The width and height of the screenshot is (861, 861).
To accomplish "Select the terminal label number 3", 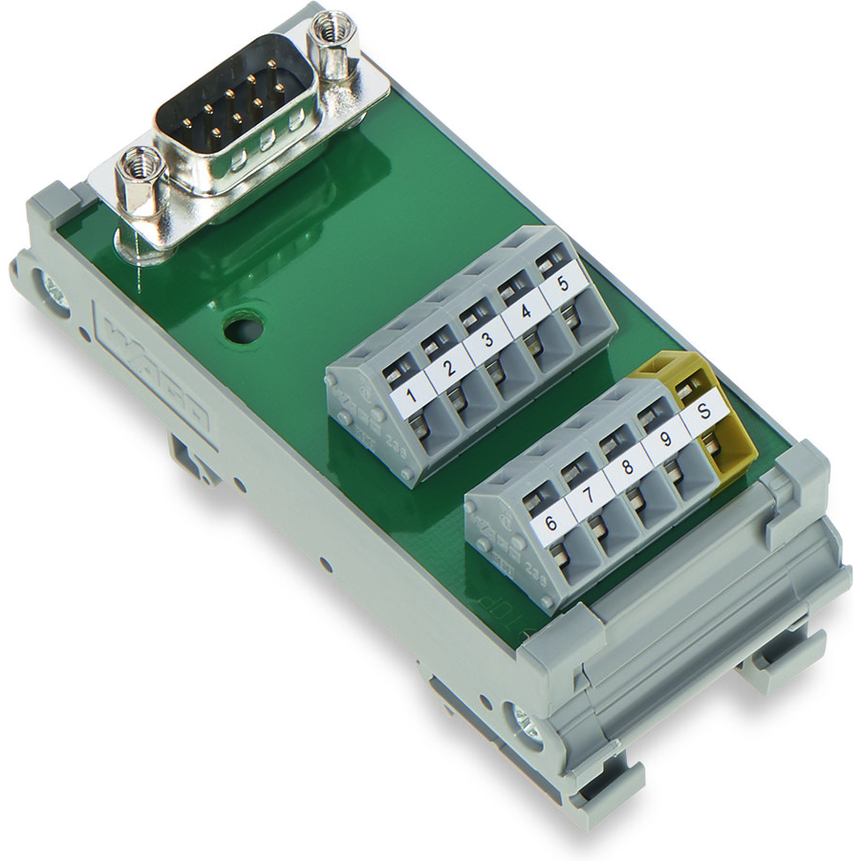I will point(487,340).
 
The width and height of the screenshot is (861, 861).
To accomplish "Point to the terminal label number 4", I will point(525,312).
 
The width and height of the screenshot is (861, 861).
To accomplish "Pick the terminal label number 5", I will point(562,285).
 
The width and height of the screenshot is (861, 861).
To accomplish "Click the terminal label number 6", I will point(551,524).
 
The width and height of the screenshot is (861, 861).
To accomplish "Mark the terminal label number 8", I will point(626,469).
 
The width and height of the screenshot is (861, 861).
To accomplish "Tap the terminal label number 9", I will point(664,441).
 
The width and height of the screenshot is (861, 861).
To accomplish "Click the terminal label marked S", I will point(703,413).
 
